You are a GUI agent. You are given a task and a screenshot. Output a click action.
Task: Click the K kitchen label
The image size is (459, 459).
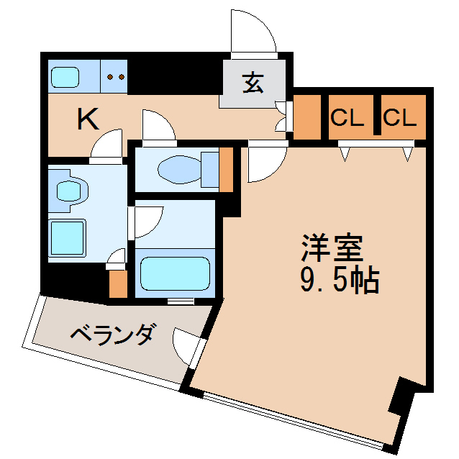click(88, 119)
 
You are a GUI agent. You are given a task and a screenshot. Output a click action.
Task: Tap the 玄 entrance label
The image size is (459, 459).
click(253, 83)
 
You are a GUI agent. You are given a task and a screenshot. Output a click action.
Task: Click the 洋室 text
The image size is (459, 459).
click(332, 249)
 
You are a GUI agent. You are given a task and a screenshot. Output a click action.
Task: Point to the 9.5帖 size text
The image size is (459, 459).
click(338, 280)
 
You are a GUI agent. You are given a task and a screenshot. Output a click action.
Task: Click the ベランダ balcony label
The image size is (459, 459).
click(112, 334)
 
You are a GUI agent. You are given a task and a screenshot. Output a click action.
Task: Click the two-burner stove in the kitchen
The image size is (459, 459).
click(115, 76)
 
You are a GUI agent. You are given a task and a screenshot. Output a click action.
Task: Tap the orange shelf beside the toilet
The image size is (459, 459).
click(227, 169)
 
